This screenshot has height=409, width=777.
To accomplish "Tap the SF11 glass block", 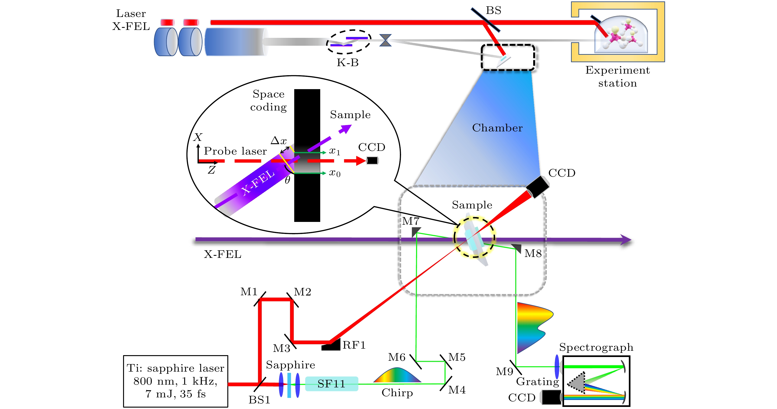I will pos(332,384).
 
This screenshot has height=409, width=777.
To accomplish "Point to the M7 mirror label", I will pos(411,221).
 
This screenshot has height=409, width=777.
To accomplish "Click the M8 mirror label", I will pos(533,253).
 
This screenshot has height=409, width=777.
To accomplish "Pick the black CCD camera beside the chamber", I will pos(537,187).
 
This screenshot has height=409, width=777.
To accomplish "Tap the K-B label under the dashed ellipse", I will pos(347,63).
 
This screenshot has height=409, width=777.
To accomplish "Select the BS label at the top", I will pos(493,10).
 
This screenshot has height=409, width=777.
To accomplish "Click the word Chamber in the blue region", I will pos(497,128).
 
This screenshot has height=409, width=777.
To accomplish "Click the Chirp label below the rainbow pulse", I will pos(397,393).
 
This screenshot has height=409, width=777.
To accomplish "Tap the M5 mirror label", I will pos(457,357).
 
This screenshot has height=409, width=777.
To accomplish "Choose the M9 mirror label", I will pos(504,372).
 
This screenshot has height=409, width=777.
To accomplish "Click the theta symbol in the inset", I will pos(287,180).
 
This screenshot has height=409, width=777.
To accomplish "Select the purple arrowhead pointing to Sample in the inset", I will pos(345,129).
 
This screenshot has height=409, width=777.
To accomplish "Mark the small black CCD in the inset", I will pos(372,161).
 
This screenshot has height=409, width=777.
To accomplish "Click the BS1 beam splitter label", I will pos(259,400).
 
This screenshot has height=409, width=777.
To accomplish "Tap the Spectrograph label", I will pos(596,347).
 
